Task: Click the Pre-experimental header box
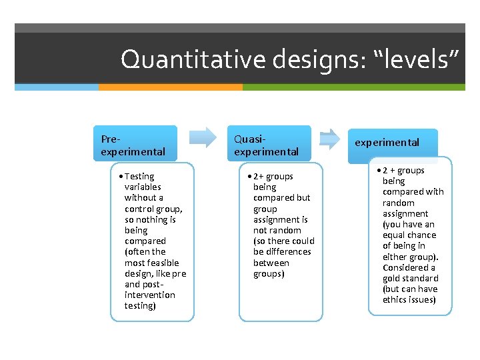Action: point(135,144)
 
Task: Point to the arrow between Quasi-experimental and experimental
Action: point(330,139)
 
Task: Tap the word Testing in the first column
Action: point(139,177)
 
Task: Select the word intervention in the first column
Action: point(150,295)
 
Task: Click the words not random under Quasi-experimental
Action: point(277,230)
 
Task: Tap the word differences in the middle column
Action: point(289,252)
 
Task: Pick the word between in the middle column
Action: point(271,263)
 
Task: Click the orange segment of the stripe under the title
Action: point(170,87)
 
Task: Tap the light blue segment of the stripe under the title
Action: point(57,87)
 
